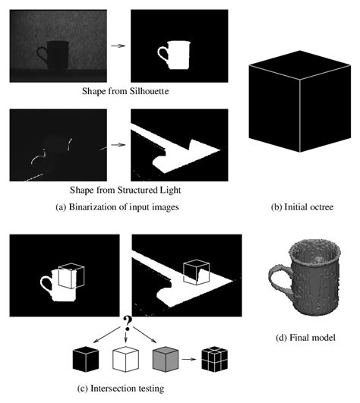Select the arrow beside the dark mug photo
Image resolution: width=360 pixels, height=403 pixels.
tap(116, 46)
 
